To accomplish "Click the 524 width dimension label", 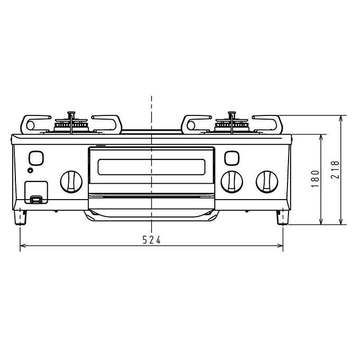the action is (151, 240).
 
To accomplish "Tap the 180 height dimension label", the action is (316, 179).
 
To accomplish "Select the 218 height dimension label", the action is (335, 169).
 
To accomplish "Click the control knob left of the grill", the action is (71, 182).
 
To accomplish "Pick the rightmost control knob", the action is (267, 182).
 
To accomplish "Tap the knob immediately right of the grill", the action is (232, 182).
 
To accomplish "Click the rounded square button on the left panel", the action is (36, 158).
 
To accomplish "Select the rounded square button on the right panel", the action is (232, 158).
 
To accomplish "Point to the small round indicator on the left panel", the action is (30, 170).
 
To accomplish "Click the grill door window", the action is (151, 167).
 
